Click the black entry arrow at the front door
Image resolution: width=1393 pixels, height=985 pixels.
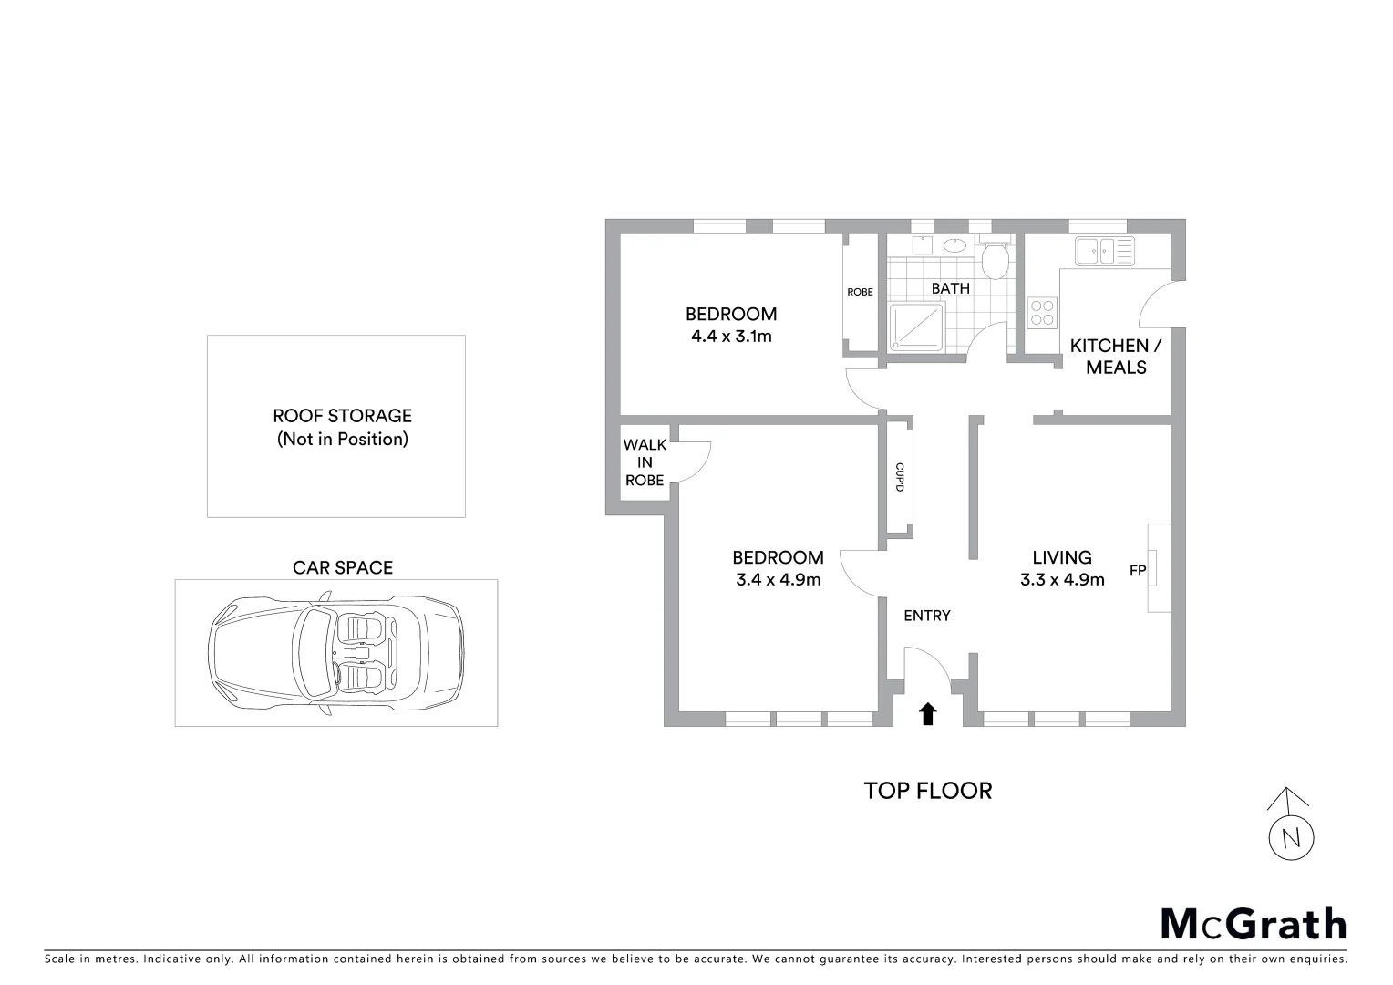[928, 713]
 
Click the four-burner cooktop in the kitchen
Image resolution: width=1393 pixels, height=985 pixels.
[1043, 313]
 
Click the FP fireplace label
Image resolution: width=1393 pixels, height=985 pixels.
[1137, 571]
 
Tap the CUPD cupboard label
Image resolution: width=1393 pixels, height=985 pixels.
[899, 477]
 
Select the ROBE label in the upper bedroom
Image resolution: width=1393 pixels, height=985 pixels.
[860, 292]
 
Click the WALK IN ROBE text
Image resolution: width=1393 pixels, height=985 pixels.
[645, 462]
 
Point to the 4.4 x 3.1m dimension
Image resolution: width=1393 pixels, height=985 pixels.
[731, 337]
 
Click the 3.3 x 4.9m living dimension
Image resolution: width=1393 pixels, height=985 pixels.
[1062, 579]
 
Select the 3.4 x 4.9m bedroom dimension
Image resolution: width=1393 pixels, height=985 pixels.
[778, 579]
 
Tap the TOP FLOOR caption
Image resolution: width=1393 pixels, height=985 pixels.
[927, 791]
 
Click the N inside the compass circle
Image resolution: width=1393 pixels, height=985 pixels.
[1291, 838]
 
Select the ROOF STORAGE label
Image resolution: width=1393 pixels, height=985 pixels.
[342, 416]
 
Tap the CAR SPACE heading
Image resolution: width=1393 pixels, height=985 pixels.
[342, 567]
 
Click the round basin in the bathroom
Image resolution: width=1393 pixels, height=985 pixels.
[954, 244]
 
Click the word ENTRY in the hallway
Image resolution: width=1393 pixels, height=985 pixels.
[927, 616]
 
